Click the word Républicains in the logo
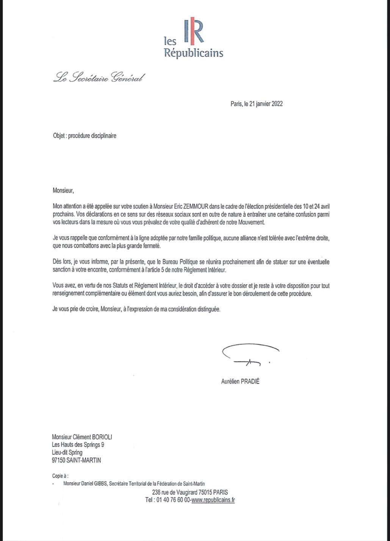point(193,52)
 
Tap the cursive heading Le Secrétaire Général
point(99,78)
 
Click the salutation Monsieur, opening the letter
point(63,191)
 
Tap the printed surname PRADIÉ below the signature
point(249,381)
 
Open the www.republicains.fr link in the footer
point(213,500)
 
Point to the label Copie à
point(60,475)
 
